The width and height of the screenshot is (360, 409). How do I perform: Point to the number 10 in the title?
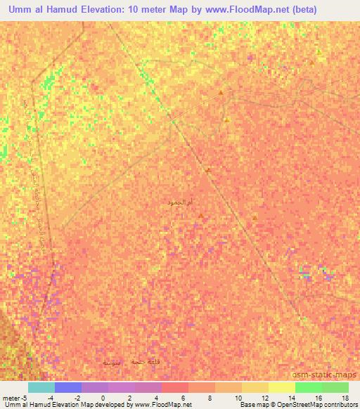[x=146, y=10]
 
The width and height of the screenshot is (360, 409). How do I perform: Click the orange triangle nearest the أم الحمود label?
[x=202, y=216]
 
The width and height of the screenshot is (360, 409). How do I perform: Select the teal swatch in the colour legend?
[x=41, y=387]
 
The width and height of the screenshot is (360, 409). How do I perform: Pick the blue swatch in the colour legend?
[x=67, y=387]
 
